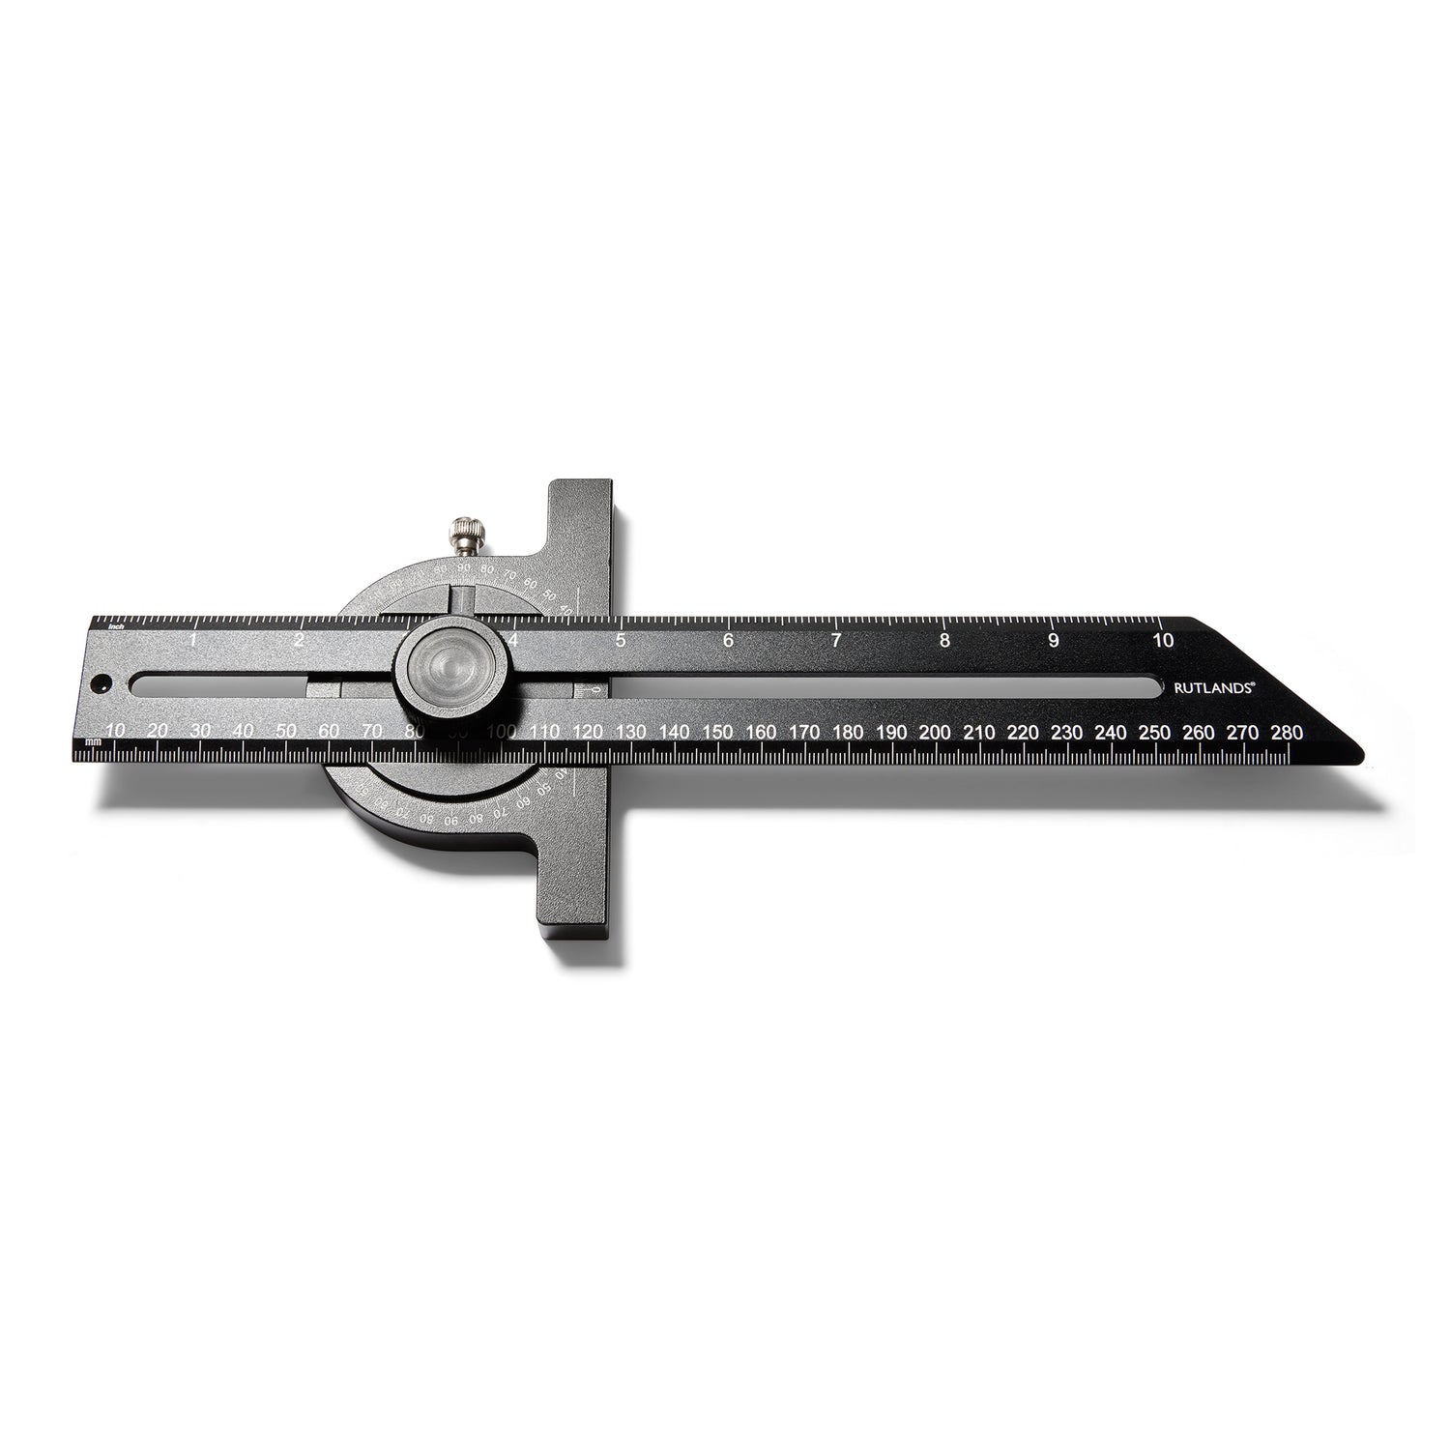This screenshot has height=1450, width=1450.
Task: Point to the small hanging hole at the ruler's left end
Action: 98,684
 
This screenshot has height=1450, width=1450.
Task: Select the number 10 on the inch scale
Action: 1163,640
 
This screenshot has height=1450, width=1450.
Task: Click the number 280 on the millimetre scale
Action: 1289,732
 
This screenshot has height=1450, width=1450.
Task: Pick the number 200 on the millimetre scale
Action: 935,732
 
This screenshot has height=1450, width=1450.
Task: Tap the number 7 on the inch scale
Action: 836,640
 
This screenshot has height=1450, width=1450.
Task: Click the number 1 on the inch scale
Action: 193,640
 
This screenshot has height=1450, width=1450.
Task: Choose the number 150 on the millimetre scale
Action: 717,732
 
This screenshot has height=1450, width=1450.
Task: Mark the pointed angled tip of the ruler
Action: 1358,749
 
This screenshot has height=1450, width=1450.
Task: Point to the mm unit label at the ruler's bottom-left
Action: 93,741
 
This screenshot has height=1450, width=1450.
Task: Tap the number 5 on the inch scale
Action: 620,640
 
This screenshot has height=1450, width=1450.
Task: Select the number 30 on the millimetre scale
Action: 201,732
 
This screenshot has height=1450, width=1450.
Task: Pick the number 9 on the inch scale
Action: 1053,640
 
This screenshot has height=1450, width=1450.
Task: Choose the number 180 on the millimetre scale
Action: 848,732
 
